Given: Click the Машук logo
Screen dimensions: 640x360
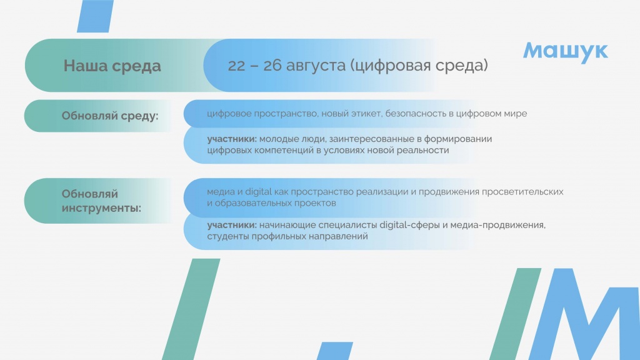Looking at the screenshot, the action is point(565,51).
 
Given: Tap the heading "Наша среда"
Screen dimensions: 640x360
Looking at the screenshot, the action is point(112,66).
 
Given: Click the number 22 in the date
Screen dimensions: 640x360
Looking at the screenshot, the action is point(236,65).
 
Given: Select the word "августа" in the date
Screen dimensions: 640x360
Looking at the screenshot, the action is point(316,66).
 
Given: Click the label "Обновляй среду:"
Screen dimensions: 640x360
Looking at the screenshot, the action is point(110,116).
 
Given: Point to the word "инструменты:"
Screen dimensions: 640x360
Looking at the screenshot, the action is point(101,208).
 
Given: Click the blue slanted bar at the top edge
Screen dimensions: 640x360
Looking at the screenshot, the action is point(96,16).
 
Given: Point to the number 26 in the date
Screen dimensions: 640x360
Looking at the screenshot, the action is point(272,65).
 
